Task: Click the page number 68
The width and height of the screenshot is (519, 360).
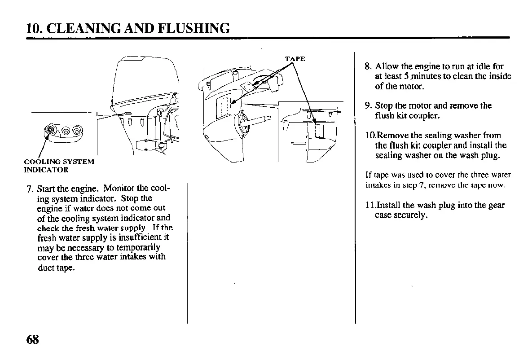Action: (33, 340)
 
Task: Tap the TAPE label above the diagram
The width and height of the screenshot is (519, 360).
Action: (295, 59)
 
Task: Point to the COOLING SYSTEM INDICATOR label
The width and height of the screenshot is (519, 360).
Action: (59, 166)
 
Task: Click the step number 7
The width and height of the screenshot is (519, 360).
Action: (28, 189)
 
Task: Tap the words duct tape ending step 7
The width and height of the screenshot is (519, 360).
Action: (56, 268)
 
